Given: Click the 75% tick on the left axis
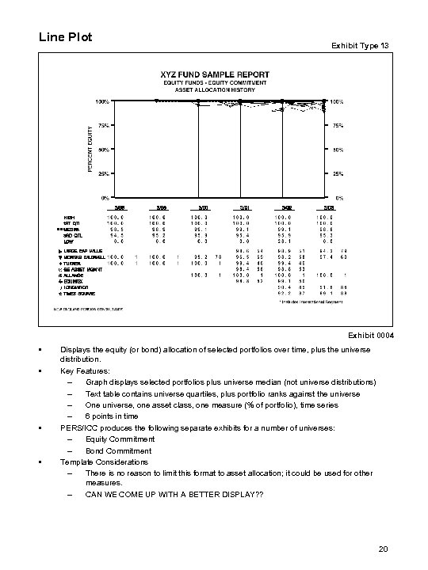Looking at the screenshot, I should [103, 125].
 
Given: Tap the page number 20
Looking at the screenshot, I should [382, 548].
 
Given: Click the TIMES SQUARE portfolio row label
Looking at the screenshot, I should [78, 293].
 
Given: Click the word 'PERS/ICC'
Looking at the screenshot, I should [76, 428].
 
